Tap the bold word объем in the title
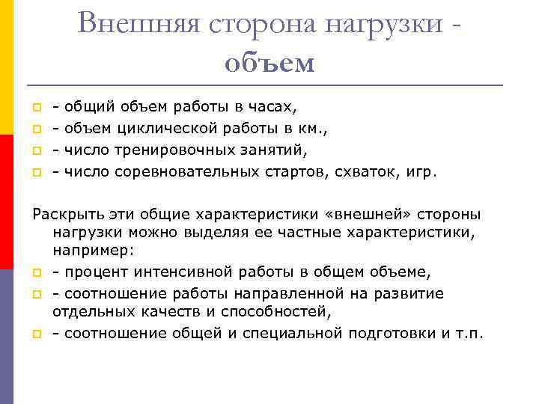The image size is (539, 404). [x=269, y=63]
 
